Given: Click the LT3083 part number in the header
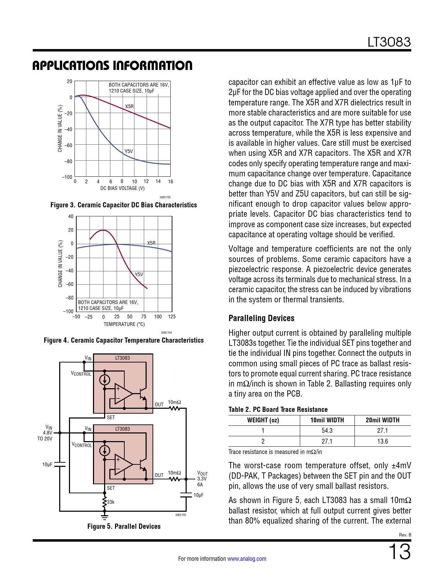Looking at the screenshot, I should click(389, 42).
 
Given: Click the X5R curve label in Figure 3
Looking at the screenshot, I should click(129, 106).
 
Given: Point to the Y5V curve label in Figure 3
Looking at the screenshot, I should click(128, 151).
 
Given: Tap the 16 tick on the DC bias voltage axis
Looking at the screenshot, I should click(170, 182).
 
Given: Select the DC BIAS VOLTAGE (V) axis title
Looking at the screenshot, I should click(122, 188).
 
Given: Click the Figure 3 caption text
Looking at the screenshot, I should click(124, 205).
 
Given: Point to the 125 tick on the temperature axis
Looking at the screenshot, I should click(172, 317).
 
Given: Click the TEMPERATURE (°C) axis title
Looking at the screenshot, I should click(124, 324).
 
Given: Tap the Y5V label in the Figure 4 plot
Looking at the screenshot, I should click(139, 274).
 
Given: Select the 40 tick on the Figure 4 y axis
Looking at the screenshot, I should click(71, 216).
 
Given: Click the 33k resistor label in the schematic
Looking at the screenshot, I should click(111, 502).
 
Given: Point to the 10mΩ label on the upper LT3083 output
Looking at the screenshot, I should click(174, 402).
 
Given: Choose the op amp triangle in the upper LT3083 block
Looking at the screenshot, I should click(123, 394).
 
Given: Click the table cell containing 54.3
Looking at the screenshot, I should click(327, 431).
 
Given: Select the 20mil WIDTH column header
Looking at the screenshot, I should click(382, 420).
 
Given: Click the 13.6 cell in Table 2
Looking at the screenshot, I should click(382, 441).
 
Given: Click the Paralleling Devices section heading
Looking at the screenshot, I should click(261, 318).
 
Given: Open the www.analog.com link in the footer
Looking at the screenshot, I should click(247, 559).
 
